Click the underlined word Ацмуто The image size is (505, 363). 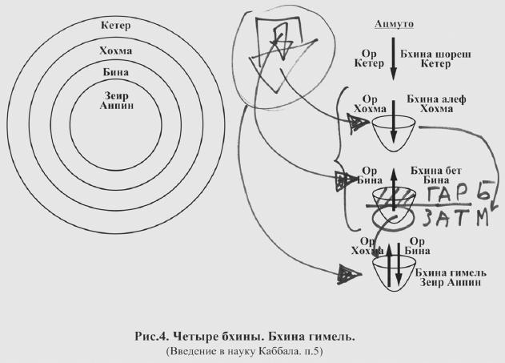click(391, 24)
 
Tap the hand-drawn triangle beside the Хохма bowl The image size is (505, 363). click(358, 123)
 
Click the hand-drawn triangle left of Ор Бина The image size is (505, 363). click(342, 182)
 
